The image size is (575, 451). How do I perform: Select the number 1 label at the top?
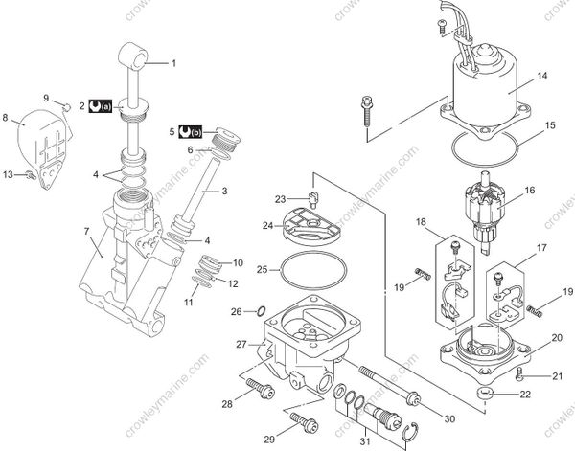pyautogui.click(x=174, y=63)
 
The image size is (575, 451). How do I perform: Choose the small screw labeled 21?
pyautogui.click(x=518, y=371)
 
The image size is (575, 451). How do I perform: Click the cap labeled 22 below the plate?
pyautogui.click(x=486, y=393)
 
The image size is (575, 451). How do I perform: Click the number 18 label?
pyautogui.click(x=421, y=222)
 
